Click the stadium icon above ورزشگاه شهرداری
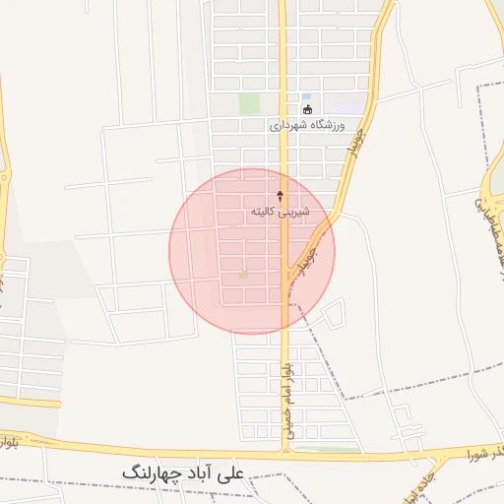click(308, 109)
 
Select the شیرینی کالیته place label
click(281, 212)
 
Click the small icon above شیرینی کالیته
click(282, 196)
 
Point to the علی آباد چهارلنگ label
click(188, 473)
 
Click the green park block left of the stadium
click(250, 103)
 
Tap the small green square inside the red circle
click(243, 275)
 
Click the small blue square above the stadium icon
click(306, 96)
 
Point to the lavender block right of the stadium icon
click(349, 99)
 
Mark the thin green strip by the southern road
click(327, 450)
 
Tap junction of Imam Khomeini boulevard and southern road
click(285, 454)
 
